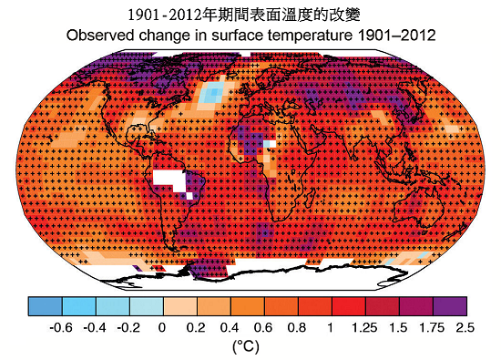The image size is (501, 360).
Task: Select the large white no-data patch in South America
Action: [169, 179]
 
